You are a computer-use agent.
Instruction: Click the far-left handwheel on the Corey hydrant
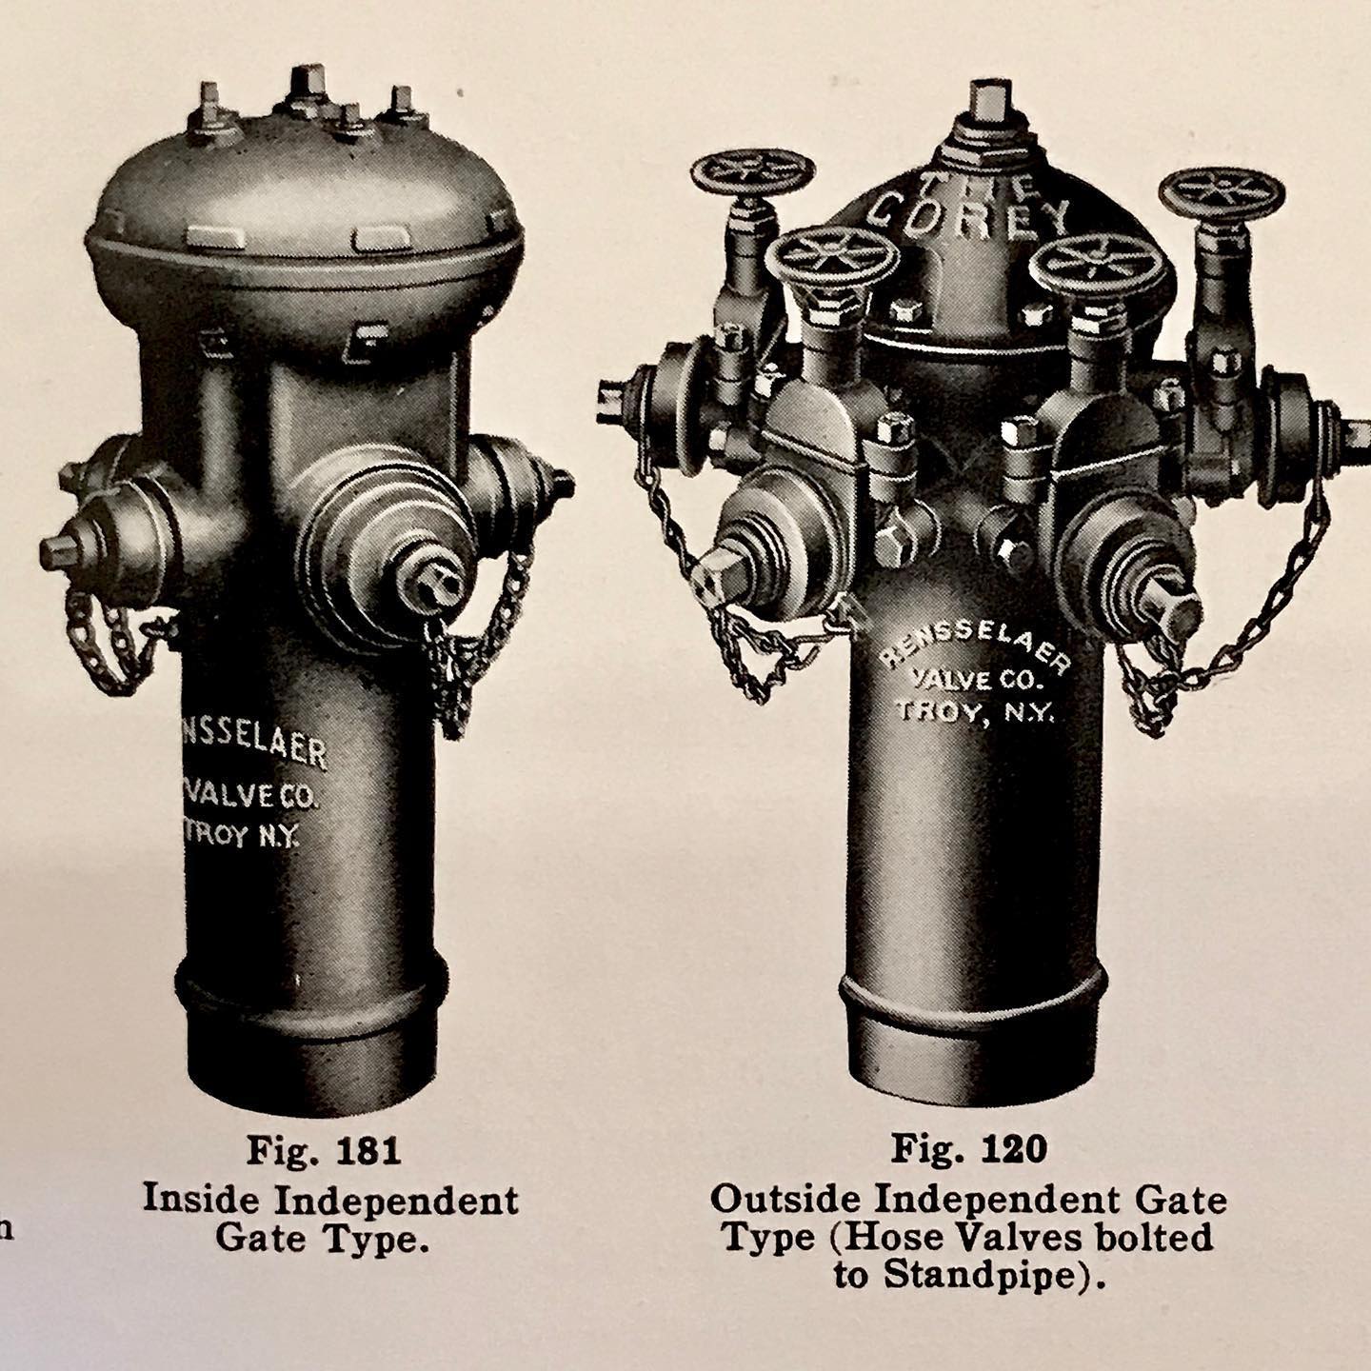752,173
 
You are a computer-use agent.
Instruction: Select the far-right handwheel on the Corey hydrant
1221,193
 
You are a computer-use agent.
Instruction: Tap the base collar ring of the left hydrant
311,981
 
